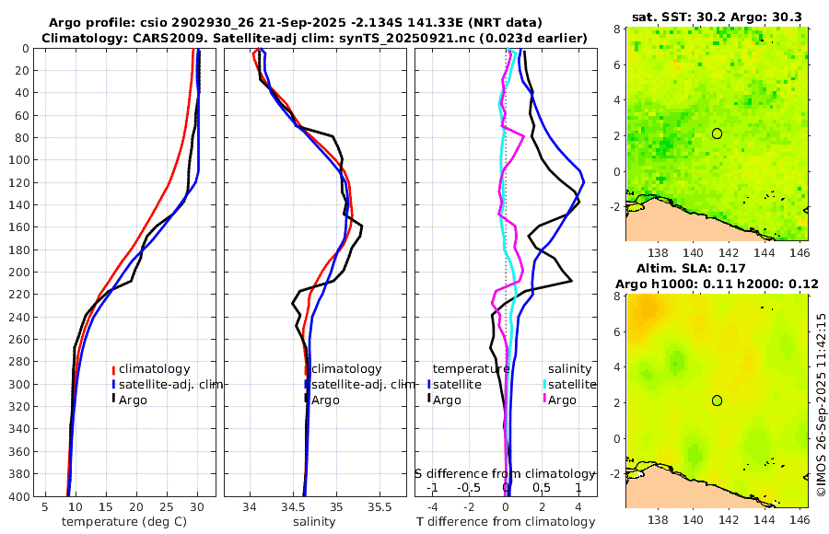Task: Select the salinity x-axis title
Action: pos(315,522)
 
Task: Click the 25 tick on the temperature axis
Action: pos(167,507)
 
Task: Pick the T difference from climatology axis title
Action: pos(506,522)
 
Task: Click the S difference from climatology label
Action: pos(506,472)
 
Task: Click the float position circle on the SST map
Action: pos(718,133)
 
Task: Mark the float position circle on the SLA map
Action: pos(718,400)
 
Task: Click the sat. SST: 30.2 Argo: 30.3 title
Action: pos(718,17)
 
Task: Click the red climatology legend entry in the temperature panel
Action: pos(152,368)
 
